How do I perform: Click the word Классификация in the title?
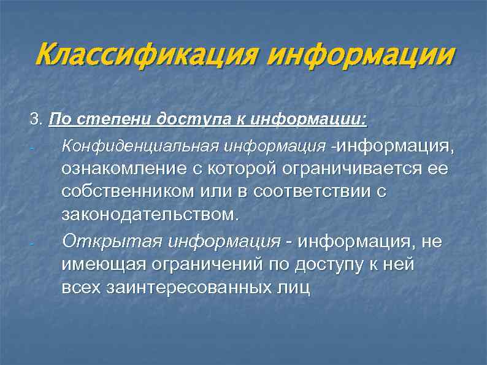(147, 57)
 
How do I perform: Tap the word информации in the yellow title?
(362, 57)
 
